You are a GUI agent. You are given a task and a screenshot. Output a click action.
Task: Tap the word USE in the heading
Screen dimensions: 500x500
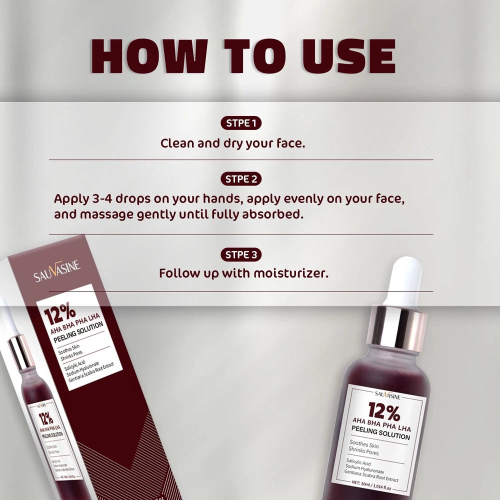coord(345,56)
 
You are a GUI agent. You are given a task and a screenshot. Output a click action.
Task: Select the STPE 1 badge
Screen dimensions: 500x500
coord(241,123)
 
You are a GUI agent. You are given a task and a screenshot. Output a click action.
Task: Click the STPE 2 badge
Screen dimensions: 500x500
coord(241,179)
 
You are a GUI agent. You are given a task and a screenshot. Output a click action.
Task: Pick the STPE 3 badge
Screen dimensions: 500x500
coord(241,254)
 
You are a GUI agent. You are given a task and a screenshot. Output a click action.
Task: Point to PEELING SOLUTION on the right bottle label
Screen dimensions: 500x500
coord(381,432)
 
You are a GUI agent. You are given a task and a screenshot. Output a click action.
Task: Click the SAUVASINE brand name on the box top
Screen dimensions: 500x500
coord(57,270)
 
